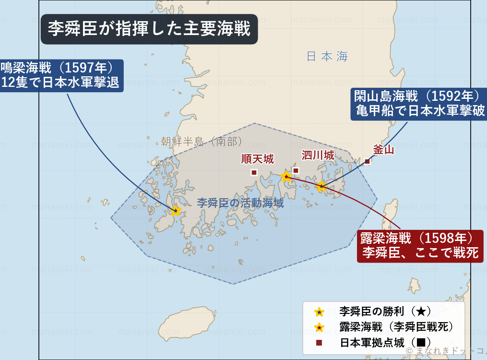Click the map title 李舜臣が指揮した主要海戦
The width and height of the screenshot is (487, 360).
coord(149,28)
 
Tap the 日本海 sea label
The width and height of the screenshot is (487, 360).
coord(327,56)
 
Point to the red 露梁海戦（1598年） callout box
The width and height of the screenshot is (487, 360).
coord(420,246)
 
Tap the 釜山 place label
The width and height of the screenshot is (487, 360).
coord(383,150)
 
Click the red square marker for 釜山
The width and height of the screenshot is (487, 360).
coord(368,161)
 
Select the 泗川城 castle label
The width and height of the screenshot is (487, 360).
coord(318,155)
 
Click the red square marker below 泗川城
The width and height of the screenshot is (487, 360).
coord(296,170)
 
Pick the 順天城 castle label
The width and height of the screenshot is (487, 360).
coord(257,159)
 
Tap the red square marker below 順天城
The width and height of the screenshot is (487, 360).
coord(254,172)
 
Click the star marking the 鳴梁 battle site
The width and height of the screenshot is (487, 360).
coord(176,210)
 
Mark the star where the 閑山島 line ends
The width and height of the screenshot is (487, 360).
coord(321,186)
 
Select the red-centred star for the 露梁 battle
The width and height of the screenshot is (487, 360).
coord(286,176)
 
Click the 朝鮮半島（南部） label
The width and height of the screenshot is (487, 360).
coord(201,141)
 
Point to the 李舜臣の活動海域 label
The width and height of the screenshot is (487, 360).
coord(240,203)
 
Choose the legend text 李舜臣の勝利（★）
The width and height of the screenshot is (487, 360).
coord(382,312)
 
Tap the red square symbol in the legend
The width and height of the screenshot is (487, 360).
coord(319,343)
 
